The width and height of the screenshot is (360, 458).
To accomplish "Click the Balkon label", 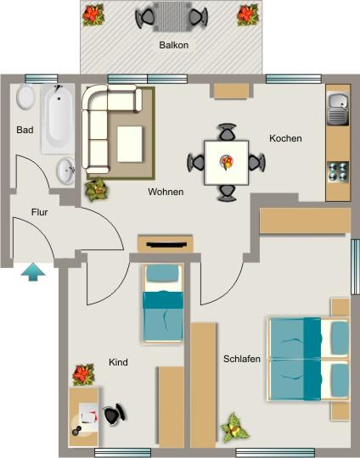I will (173, 45).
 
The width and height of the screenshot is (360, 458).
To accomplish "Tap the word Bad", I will (24, 130).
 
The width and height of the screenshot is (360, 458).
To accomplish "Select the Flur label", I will (39, 212).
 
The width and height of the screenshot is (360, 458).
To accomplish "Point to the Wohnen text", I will (166, 192).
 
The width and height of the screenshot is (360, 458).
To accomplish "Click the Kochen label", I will (285, 138).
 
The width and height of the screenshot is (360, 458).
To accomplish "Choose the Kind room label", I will (118, 362).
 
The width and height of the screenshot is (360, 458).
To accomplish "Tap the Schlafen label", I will (241, 359).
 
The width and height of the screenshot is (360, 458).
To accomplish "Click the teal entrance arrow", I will (32, 271).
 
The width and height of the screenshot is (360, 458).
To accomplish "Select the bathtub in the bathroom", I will (58, 118).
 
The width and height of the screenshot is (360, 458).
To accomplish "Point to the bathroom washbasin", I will (65, 171).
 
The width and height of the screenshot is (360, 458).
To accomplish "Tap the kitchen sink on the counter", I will (337, 108).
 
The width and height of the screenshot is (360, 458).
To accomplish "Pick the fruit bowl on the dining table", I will (226, 160).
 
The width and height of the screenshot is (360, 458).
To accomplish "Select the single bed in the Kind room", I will (162, 303).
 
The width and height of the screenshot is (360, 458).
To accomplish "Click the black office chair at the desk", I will (115, 415).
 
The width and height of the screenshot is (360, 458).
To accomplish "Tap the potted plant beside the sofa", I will (96, 188).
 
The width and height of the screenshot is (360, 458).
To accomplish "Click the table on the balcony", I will (172, 15).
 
